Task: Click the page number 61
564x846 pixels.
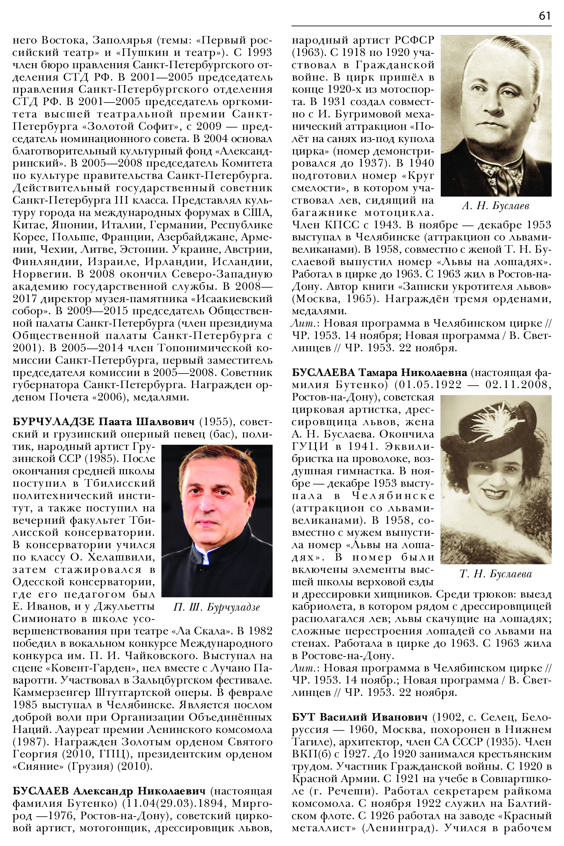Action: click(x=545, y=16)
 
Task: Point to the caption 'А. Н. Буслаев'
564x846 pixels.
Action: click(x=495, y=206)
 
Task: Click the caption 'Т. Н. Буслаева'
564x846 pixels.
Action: click(x=495, y=574)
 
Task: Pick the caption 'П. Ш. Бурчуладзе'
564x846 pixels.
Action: click(x=216, y=607)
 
